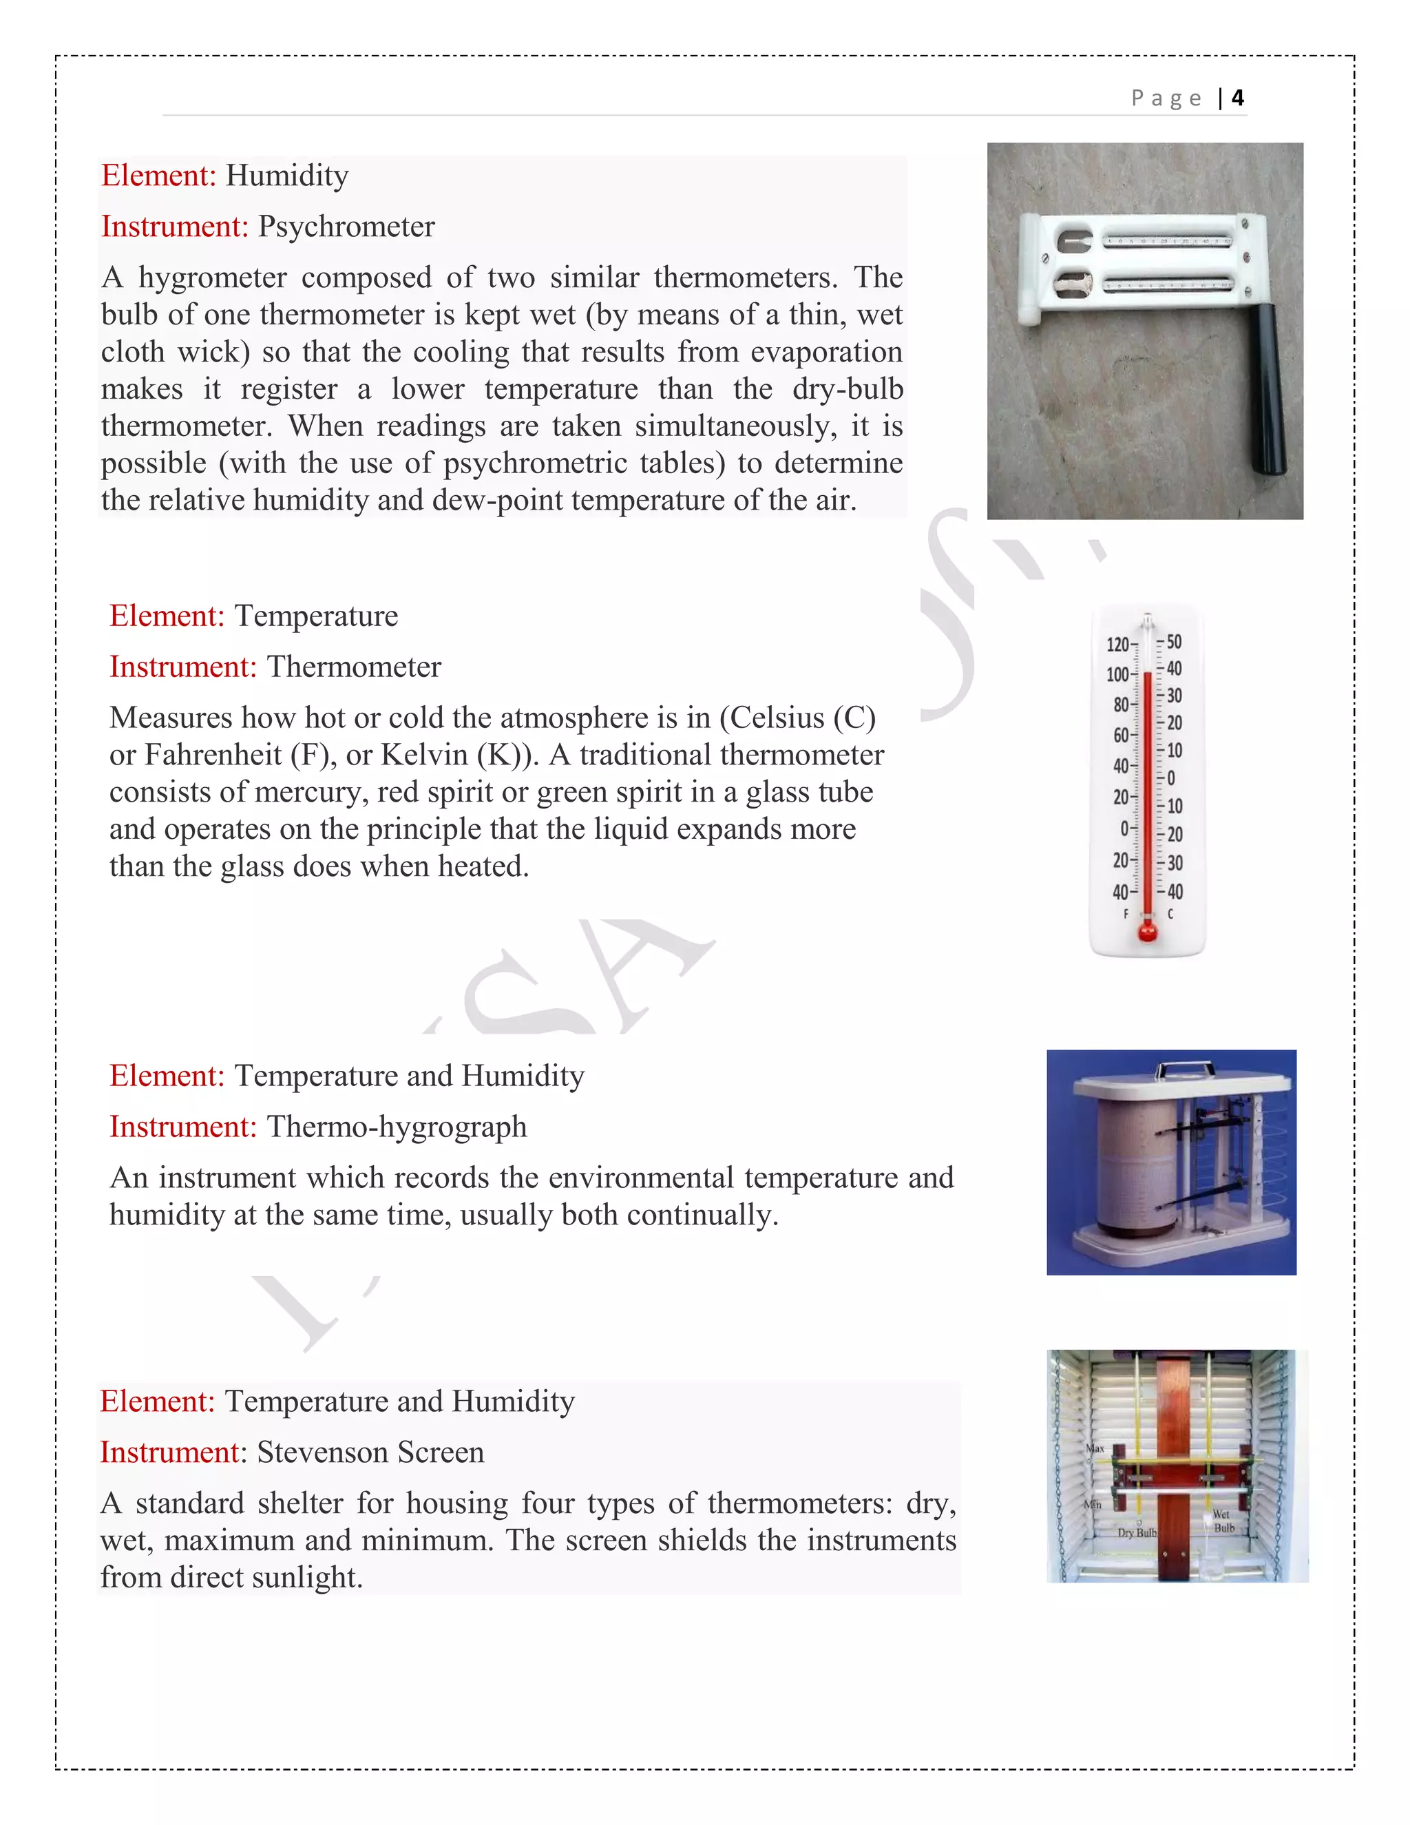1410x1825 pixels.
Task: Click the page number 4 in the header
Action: [x=1237, y=98]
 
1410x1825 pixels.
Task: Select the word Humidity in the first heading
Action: [x=287, y=176]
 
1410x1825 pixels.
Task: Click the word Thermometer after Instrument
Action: [x=353, y=667]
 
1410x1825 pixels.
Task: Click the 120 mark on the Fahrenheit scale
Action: [x=1117, y=645]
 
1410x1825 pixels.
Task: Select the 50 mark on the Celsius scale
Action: [x=1174, y=642]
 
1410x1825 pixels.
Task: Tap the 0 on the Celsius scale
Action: [x=1171, y=778]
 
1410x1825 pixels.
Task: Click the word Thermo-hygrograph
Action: [x=397, y=1127]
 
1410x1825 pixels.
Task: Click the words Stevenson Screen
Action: [x=370, y=1453]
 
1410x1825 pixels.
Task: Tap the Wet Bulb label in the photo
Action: [x=1223, y=1520]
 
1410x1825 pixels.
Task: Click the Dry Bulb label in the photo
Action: [x=1137, y=1532]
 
